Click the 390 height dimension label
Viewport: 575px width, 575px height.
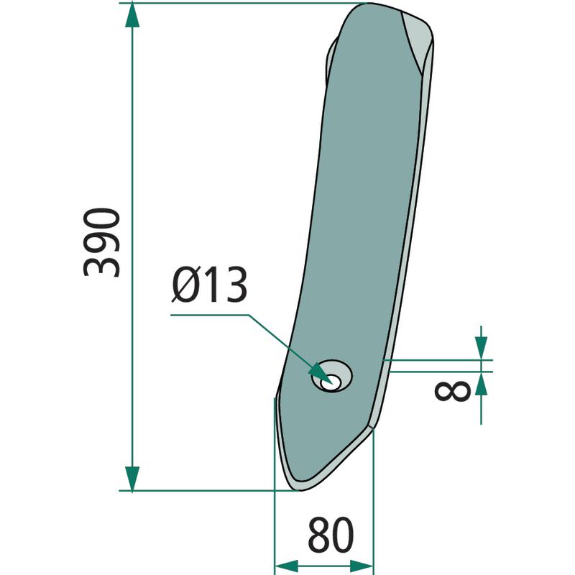[x=102, y=242]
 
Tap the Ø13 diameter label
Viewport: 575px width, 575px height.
[x=209, y=285]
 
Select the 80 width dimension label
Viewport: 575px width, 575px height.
[x=331, y=535]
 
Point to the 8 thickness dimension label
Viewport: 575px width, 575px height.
[x=452, y=391]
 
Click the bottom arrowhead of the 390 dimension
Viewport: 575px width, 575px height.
[x=132, y=478]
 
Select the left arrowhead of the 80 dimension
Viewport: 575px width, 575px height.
[x=286, y=566]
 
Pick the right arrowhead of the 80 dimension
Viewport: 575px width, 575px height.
[x=362, y=566]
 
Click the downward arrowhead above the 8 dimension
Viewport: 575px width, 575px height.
[x=481, y=348]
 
